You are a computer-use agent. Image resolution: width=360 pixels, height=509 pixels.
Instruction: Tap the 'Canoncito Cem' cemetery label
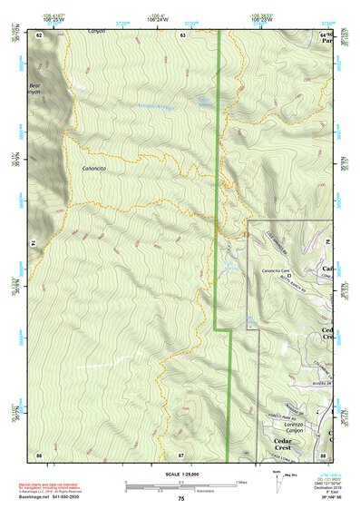pos(277,269)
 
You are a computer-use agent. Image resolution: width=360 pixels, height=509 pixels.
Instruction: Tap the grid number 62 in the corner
pos(39,34)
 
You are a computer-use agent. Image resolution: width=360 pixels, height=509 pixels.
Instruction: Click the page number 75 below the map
pos(180,498)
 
